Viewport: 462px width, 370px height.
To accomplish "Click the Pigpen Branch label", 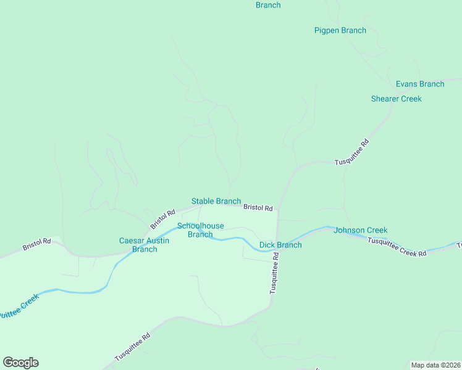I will point(340,30).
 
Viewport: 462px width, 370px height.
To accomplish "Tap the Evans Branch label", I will point(420,84).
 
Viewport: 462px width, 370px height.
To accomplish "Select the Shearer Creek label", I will point(396,99).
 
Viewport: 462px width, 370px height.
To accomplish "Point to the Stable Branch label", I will point(216,201).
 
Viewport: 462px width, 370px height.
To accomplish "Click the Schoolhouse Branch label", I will point(200,230).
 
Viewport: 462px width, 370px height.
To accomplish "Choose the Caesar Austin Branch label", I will point(144,245).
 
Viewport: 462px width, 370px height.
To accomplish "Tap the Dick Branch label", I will point(280,245).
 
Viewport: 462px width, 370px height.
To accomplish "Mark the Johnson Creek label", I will point(360,230).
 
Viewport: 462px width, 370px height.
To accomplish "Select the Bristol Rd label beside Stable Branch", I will point(258,208).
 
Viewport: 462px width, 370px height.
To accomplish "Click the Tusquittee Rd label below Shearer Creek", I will point(351,152).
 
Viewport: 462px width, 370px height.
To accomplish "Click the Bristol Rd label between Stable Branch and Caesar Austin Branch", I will point(162,218).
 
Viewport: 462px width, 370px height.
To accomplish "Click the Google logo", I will point(20,363).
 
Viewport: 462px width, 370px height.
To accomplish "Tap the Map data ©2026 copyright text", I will point(435,365).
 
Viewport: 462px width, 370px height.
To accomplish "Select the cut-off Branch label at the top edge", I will point(268,5).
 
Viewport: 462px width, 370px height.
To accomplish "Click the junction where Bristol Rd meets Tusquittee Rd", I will point(277,210).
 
